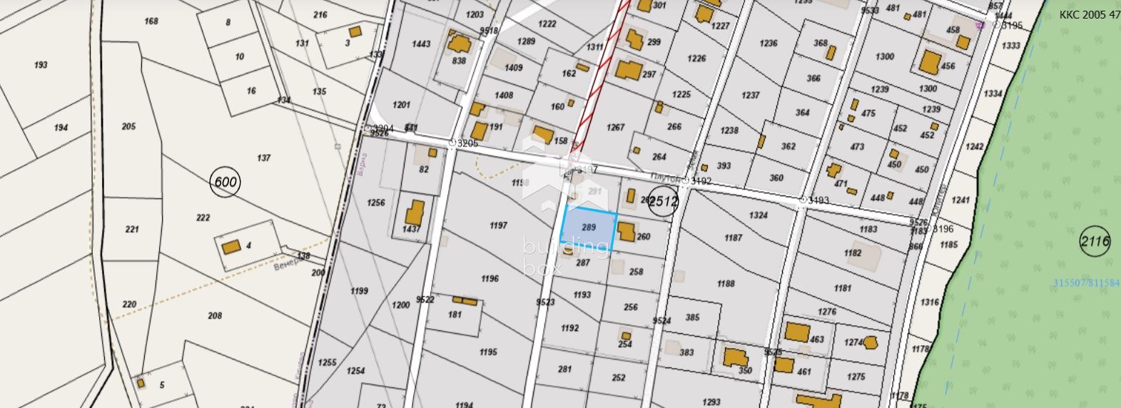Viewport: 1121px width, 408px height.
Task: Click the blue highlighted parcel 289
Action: coord(589,230)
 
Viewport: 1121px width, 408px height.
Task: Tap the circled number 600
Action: coord(225,182)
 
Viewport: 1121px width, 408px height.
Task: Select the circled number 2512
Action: coord(662,202)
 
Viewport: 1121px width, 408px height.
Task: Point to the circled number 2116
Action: coord(1095,241)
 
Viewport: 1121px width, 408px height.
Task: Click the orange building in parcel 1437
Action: coord(414,213)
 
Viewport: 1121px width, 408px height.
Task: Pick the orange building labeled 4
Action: coord(230,248)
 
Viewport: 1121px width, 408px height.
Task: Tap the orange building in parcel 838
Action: coord(458,45)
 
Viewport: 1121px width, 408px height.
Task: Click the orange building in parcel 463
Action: coord(796,332)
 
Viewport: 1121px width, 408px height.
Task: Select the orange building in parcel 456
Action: coord(930,61)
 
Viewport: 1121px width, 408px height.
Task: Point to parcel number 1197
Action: coord(498,225)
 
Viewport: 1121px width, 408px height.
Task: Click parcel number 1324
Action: coord(759,215)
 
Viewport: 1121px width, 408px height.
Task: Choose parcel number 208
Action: coord(215,315)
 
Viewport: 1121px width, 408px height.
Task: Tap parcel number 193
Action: coord(41,65)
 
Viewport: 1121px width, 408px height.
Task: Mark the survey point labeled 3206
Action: coord(452,143)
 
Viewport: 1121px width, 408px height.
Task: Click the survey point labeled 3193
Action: coord(803,200)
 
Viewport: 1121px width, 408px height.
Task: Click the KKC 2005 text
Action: coord(1089,14)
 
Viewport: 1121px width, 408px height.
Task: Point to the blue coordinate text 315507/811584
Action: coord(1086,283)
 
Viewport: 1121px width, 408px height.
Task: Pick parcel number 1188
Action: coord(726,283)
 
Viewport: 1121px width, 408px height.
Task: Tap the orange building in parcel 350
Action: coord(734,357)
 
